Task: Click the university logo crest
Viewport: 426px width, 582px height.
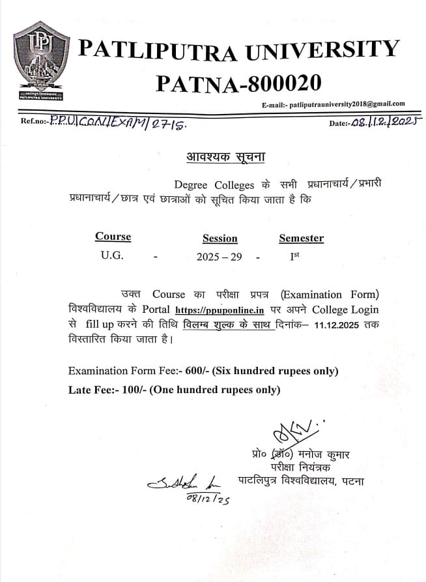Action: (x=41, y=61)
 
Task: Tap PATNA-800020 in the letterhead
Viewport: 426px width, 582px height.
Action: (x=238, y=83)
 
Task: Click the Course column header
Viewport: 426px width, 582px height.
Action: (x=113, y=237)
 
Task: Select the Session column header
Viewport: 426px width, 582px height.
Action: (x=220, y=239)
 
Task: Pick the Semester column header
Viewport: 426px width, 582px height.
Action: (x=301, y=239)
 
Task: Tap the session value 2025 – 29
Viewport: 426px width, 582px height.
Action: (x=219, y=257)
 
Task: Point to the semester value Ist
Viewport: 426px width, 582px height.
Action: (x=294, y=256)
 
